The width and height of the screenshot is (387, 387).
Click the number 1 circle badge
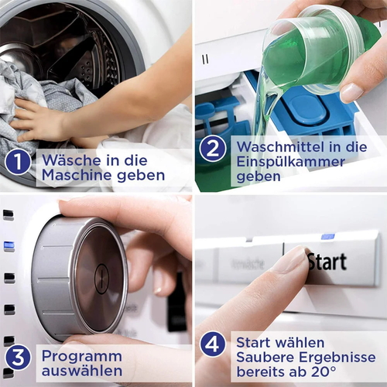18,162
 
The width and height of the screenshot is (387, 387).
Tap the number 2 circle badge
213,149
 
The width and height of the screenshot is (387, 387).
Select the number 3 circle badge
18,358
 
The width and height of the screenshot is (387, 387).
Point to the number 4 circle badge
213,344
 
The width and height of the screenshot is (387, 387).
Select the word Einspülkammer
291,162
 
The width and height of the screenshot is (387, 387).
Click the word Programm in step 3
82,357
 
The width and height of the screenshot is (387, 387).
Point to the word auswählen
82,371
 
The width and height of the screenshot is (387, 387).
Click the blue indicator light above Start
328,236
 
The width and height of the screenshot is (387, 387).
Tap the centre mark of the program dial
101,279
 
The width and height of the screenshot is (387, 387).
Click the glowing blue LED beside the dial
9,246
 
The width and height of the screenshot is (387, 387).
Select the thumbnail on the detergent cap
351,93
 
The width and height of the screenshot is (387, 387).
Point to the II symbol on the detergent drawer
205,60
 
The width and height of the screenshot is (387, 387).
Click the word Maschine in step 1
77,175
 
